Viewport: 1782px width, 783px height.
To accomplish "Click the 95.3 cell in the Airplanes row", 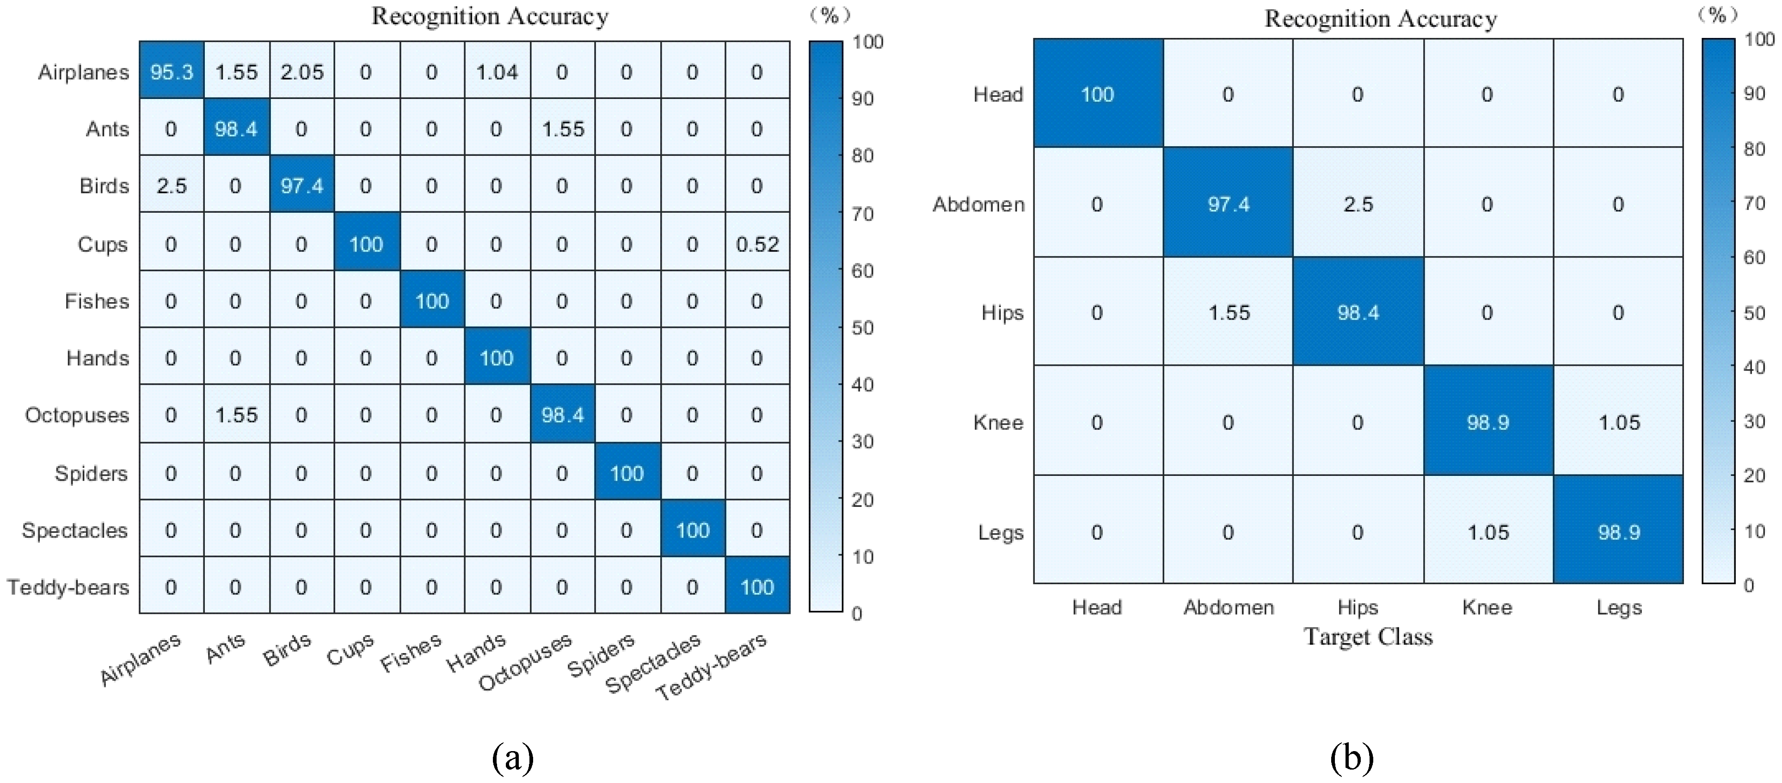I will pos(172,72).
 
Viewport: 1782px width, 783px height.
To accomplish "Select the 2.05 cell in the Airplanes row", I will pos(301,72).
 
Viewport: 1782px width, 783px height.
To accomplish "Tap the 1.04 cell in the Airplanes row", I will pos(497,72).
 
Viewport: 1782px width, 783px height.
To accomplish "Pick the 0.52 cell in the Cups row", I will pos(757,244).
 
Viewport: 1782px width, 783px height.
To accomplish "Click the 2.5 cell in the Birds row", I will pos(172,186).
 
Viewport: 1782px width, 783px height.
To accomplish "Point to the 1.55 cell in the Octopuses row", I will pos(236,415).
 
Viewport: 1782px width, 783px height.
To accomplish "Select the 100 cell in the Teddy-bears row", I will pos(757,587).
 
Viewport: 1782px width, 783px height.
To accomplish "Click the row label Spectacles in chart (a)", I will pos(75,530).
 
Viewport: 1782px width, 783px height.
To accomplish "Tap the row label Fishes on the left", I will pos(97,302).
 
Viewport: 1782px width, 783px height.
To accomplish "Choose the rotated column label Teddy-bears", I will pos(711,666).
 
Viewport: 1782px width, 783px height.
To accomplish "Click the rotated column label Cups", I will pos(350,650).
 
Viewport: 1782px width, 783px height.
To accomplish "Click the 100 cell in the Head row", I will pos(1097,94).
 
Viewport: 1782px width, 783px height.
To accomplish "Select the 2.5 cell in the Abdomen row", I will pos(1358,204).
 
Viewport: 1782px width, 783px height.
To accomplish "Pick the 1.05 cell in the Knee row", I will pos(1619,423).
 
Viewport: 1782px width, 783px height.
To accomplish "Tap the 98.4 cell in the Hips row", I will pos(1358,313).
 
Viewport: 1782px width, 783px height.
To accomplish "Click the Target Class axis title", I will pos(1368,636).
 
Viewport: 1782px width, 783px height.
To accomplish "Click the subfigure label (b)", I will pos(1351,758).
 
